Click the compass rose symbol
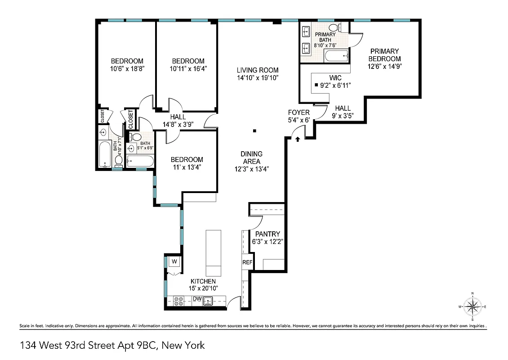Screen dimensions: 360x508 [x=472, y=306]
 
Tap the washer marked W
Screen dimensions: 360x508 [x=174, y=261]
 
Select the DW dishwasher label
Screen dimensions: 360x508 [x=197, y=299]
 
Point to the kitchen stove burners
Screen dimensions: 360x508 [x=178, y=301]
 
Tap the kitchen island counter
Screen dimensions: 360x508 [x=214, y=253]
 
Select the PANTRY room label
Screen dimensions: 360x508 [x=267, y=234]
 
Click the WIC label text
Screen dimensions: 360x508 [x=335, y=78]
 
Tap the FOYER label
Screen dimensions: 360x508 [x=299, y=112]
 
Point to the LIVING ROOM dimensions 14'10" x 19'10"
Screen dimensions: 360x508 [x=258, y=77]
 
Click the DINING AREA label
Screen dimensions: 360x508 [x=251, y=157]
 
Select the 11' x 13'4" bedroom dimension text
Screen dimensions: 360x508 [x=187, y=167]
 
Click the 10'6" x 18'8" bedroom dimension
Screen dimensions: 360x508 [x=127, y=69]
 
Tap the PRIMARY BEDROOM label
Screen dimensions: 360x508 [x=384, y=55]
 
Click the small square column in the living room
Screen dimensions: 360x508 [x=254, y=131]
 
